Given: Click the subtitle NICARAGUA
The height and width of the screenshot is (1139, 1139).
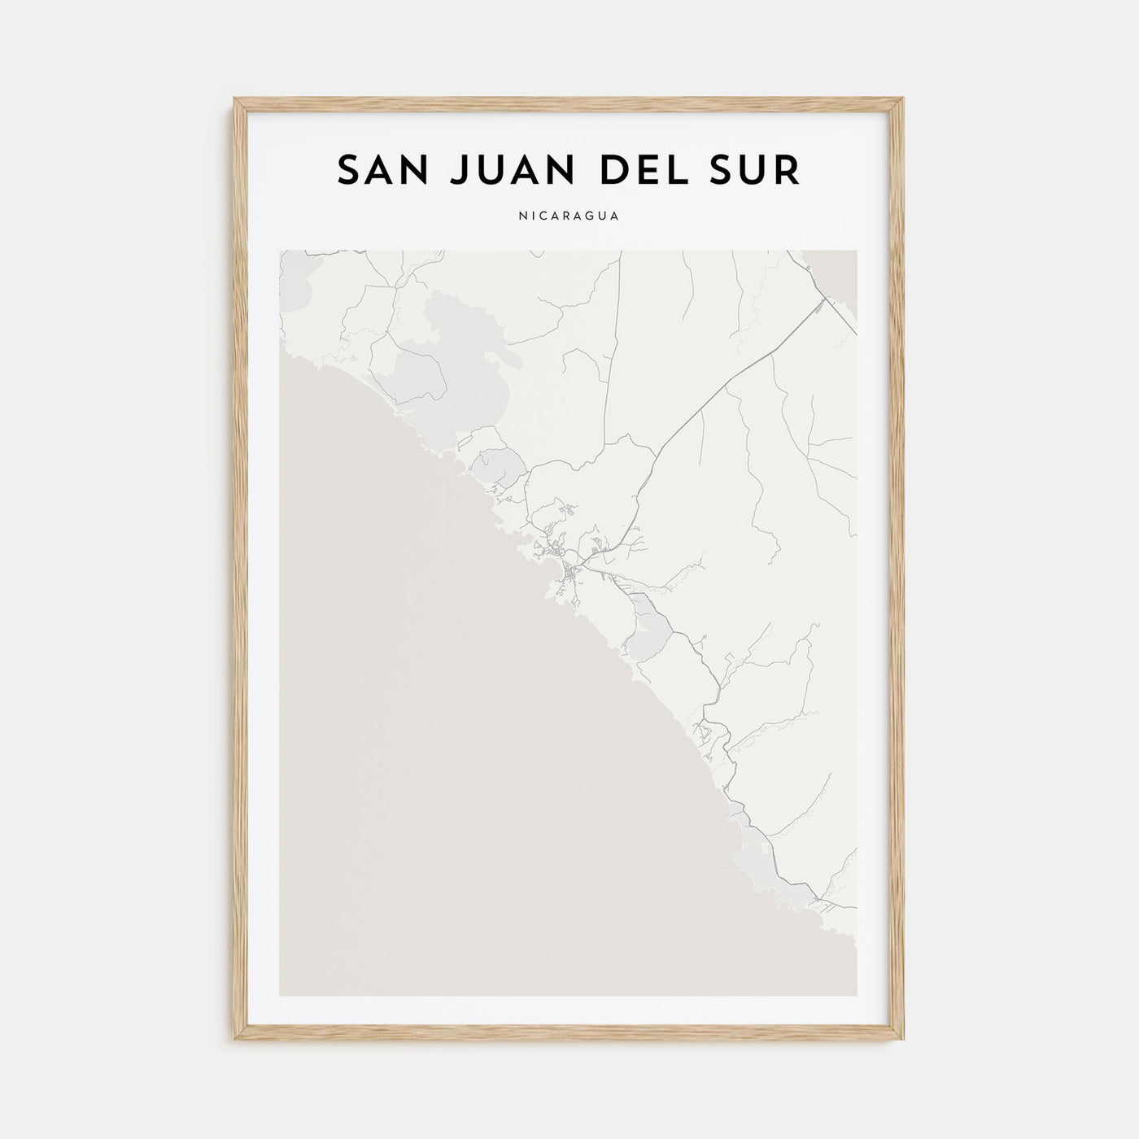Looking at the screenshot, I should click(569, 216).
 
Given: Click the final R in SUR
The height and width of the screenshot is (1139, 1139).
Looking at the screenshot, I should click(788, 170).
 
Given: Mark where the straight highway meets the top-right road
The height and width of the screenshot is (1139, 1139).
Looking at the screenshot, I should click(823, 302).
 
